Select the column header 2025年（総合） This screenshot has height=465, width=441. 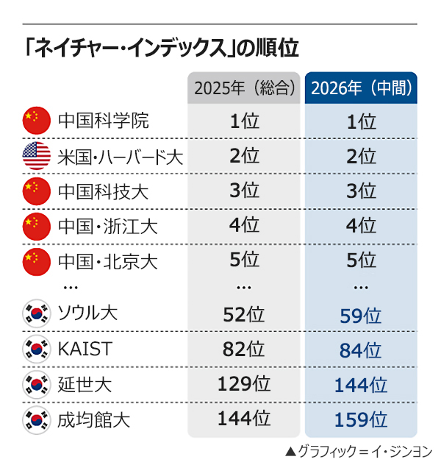(x=245, y=89)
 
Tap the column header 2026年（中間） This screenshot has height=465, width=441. (x=361, y=89)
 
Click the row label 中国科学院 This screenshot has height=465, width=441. (x=103, y=121)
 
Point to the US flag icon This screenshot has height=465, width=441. (x=36, y=156)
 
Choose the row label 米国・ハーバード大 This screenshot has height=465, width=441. (x=121, y=157)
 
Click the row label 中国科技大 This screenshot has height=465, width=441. (x=103, y=192)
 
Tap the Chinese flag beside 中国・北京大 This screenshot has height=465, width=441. (x=36, y=260)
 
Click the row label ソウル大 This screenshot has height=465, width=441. (x=87, y=314)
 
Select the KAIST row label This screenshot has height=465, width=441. (x=85, y=349)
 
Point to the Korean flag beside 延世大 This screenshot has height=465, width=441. (x=36, y=385)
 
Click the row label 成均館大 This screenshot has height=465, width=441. (x=93, y=420)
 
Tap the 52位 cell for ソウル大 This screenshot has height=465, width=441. (x=244, y=315)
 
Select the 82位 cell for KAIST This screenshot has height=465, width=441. (x=244, y=350)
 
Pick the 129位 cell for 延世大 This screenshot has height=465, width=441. (x=244, y=384)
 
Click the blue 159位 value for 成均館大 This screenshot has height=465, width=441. (x=360, y=420)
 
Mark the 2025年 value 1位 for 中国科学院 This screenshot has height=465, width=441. (x=244, y=121)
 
